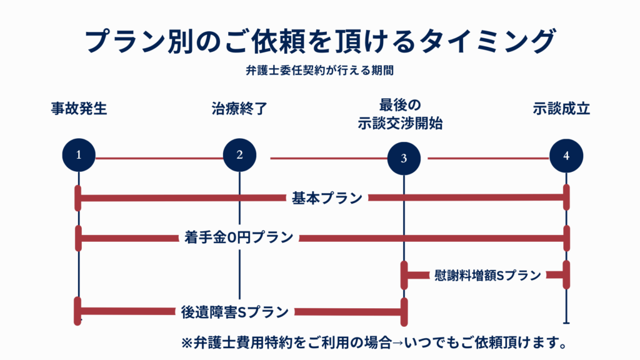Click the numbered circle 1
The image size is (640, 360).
(79, 156)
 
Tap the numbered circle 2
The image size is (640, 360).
(239, 155)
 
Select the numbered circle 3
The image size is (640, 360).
(404, 158)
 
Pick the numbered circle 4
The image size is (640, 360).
(566, 156)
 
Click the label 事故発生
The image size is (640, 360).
(79, 109)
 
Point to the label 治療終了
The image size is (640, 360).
(239, 109)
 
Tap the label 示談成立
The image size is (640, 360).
(562, 109)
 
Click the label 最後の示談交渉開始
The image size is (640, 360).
(401, 114)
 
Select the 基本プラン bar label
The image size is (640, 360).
(327, 198)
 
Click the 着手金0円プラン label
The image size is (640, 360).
(239, 237)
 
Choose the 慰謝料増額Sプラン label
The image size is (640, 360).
(487, 275)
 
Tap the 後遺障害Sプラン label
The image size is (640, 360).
(235, 311)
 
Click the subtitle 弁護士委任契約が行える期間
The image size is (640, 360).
(319, 71)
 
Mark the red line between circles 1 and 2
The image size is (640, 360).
(159, 158)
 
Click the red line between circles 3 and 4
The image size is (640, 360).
(488, 158)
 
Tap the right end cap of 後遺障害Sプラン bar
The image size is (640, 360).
(404, 311)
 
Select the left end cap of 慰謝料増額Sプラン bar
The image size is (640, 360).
(404, 274)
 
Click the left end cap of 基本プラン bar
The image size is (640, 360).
(79, 198)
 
